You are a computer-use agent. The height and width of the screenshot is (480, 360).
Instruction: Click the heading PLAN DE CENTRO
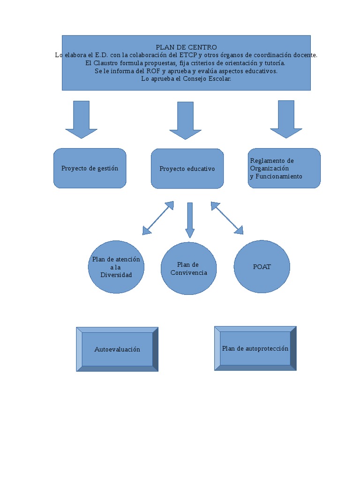tap(186, 47)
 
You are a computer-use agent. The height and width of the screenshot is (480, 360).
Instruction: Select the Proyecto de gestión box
tap(90, 168)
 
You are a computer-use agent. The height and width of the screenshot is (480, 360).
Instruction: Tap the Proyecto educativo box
tap(187, 169)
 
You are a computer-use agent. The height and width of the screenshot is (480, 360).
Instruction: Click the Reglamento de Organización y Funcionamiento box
tap(284, 168)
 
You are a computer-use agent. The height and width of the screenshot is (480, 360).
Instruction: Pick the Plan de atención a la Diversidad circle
tap(116, 267)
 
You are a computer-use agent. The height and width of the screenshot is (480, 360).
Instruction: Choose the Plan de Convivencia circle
tap(188, 269)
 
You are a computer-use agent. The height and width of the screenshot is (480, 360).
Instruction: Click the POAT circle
tap(262, 267)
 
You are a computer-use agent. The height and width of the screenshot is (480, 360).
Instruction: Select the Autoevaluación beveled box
tap(117, 349)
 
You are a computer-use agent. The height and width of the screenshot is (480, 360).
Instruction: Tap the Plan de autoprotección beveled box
tap(255, 349)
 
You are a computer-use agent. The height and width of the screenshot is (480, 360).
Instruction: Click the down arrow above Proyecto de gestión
tap(81, 119)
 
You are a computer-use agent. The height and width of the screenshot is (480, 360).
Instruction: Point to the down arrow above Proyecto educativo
tap(185, 120)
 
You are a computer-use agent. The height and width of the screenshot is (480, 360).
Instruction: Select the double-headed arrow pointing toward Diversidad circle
tap(158, 218)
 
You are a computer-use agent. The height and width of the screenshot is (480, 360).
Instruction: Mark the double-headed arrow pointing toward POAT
tap(227, 218)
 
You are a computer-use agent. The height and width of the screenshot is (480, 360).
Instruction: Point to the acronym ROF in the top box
tap(152, 71)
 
